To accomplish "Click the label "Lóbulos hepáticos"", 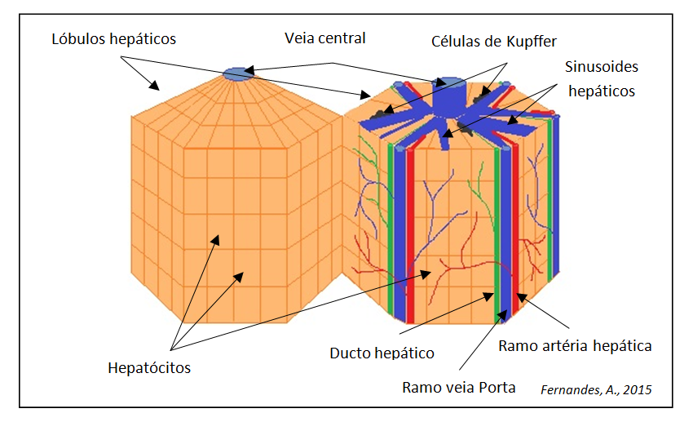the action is [x=113, y=39].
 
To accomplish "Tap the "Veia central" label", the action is [x=324, y=38].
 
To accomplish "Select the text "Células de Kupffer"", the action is [x=494, y=41].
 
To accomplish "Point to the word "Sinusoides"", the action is [x=602, y=67].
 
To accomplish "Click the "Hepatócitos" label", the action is [x=149, y=367].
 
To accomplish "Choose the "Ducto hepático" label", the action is [x=382, y=353].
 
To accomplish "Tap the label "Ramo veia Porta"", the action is [x=459, y=388].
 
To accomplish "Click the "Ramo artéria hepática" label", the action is [x=575, y=345].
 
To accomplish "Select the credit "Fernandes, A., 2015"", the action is [x=596, y=389].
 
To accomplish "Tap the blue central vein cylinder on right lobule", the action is [x=448, y=96].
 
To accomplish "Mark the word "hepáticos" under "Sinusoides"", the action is [x=602, y=91].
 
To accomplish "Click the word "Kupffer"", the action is [x=532, y=41].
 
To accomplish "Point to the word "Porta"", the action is [x=498, y=388].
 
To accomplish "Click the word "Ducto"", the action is [x=350, y=353].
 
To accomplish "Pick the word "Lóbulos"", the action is [x=77, y=38].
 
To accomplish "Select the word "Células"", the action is [x=454, y=41].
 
